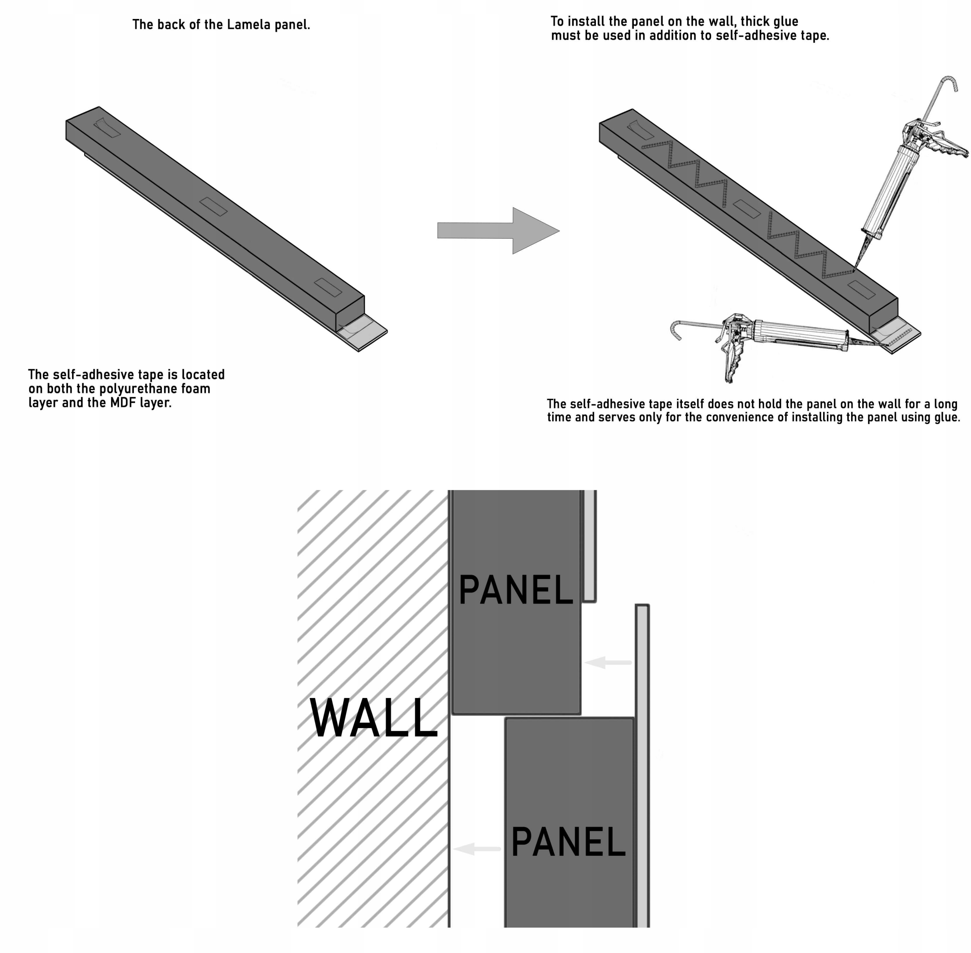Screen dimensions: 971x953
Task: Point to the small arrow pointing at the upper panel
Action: click(608, 663)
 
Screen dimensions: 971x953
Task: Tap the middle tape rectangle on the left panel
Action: click(213, 207)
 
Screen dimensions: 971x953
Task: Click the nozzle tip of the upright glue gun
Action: click(855, 268)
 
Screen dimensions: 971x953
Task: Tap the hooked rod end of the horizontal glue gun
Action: click(675, 328)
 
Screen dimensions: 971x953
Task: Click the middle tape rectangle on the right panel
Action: click(747, 209)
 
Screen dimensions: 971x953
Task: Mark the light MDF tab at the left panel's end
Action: click(368, 334)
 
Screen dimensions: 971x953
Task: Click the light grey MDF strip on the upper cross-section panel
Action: click(589, 546)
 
